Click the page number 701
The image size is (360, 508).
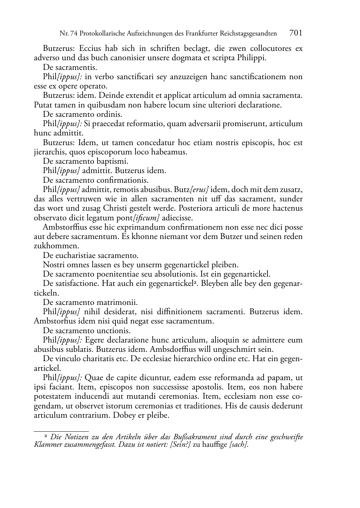(x=295, y=33)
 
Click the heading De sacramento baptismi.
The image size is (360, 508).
(x=85, y=161)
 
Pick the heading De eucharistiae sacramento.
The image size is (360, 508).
(x=90, y=255)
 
